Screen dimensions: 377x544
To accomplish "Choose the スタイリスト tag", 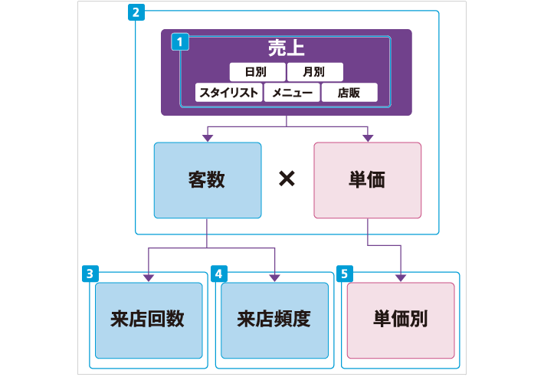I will pos(228,93).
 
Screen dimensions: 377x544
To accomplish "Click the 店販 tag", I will pos(349,93).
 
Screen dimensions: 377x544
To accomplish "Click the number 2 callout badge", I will pos(136,13).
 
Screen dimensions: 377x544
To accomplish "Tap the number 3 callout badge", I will pos(90,274).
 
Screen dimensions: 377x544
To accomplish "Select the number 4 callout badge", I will pos(219,274).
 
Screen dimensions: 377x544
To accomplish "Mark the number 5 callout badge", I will pos(345,274).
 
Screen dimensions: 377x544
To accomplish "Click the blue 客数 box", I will pos(207,180).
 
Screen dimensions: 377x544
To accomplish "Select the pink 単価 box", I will pos(368,180).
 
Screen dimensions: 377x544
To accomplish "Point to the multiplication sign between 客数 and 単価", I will pos(287,179).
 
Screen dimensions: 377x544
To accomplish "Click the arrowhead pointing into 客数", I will pos(207,137).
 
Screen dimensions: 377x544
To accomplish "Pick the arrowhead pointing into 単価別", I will pos(401,277).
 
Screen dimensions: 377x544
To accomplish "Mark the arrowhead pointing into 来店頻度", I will pos(274,277).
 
